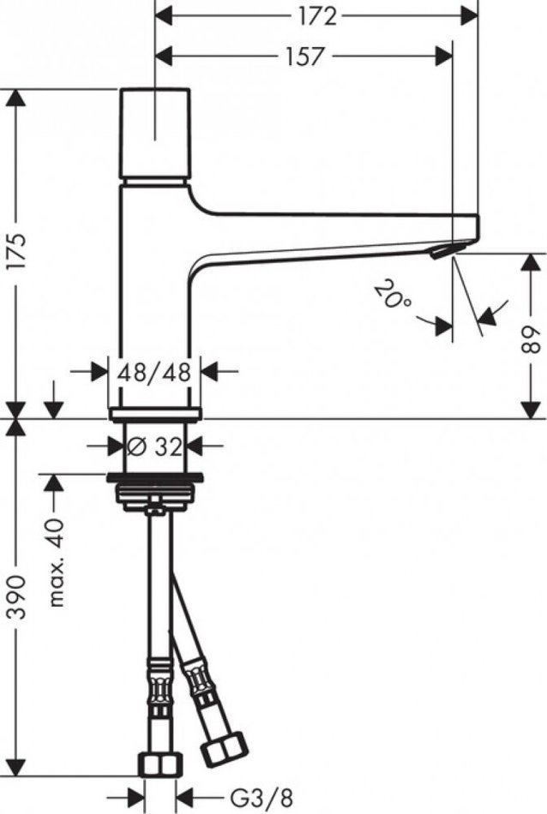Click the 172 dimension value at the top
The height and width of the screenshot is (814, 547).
[x=317, y=16]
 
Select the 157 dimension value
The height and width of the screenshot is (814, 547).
[x=305, y=56]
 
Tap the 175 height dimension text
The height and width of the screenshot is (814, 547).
[x=17, y=251]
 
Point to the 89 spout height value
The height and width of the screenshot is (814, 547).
[x=531, y=340]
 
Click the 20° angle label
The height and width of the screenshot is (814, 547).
[x=393, y=295]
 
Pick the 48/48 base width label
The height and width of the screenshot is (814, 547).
[x=154, y=372]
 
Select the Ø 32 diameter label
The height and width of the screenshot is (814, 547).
[x=154, y=446]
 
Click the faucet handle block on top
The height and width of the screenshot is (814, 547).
[x=155, y=134]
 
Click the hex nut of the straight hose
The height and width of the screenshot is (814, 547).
[x=161, y=763]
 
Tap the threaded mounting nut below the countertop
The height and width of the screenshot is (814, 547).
[x=154, y=497]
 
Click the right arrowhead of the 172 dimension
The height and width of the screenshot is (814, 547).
[x=469, y=16]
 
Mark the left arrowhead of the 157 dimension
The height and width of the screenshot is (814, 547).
[x=164, y=56]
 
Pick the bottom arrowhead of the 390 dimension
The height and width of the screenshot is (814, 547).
[x=17, y=767]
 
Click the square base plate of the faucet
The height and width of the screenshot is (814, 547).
[x=154, y=414]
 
